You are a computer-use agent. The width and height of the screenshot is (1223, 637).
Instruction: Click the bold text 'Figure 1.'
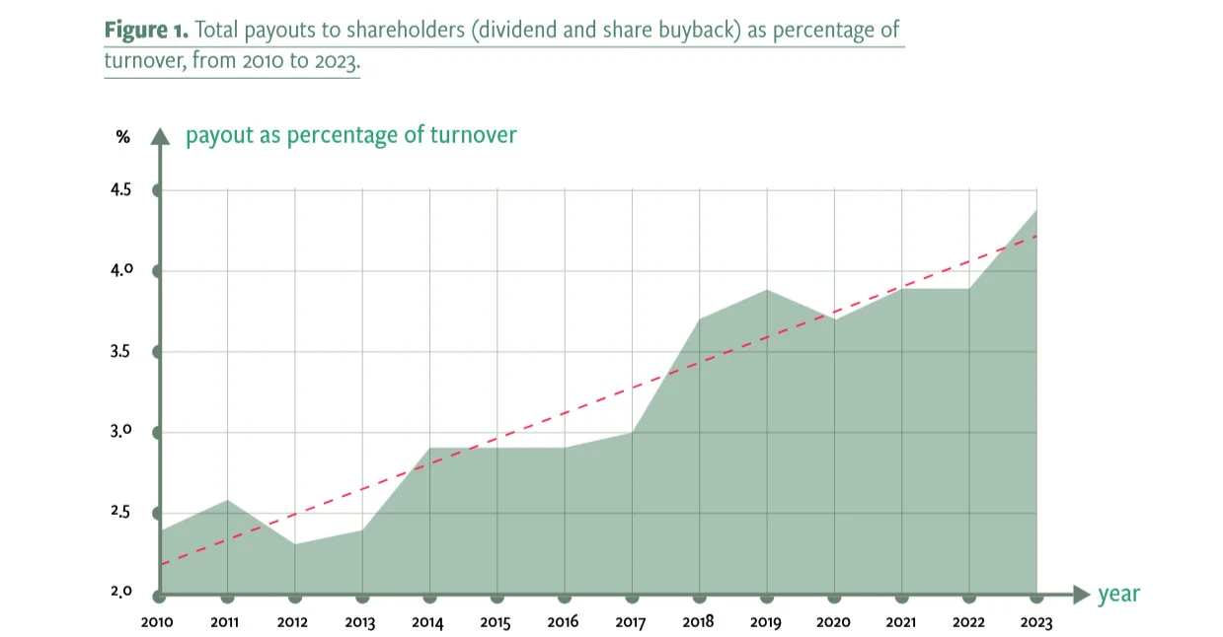tap(146, 30)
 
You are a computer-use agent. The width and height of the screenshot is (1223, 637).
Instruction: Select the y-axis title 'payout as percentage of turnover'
tap(351, 135)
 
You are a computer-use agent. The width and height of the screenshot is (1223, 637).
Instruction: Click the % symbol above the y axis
tap(122, 137)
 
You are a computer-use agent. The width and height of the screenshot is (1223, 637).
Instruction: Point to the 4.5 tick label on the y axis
tap(120, 189)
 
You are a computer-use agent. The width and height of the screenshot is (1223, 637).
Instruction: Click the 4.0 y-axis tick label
tap(121, 270)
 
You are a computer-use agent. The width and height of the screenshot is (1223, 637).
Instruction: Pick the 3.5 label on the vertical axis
tap(120, 351)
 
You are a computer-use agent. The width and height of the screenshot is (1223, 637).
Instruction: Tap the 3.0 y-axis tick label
tap(120, 431)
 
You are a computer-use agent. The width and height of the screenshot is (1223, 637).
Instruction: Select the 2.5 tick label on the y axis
tap(120, 512)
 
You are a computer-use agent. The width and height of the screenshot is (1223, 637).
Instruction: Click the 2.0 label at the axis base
tap(121, 592)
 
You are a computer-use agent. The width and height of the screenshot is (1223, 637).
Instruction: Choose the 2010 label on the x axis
tap(157, 622)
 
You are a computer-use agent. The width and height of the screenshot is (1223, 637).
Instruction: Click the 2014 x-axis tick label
tap(427, 622)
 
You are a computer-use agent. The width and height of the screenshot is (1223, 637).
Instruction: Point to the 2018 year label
tap(698, 622)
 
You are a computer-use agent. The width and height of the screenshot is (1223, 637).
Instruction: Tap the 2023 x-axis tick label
tap(1035, 622)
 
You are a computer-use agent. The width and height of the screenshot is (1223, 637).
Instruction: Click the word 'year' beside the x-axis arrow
tap(1118, 594)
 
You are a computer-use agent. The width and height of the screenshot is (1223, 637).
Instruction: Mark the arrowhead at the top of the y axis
tap(160, 136)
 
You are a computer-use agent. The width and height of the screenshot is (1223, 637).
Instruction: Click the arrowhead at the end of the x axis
tap(1081, 595)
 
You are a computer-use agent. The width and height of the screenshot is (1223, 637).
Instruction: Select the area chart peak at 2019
tap(767, 290)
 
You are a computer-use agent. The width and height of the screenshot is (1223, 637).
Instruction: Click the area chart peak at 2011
tap(228, 500)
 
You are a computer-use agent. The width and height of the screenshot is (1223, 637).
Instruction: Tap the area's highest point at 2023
tap(1036, 210)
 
